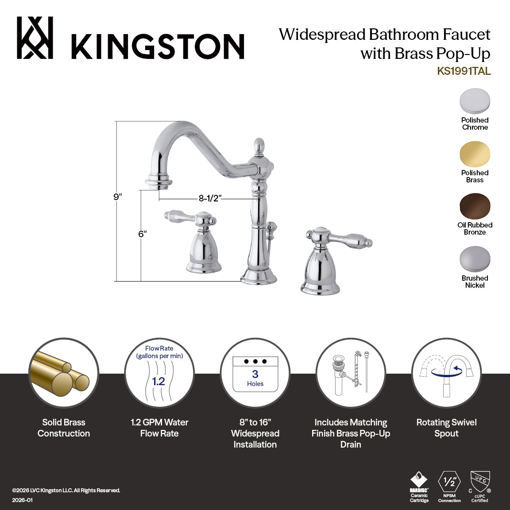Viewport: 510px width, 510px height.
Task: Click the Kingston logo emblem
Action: [x=35, y=38]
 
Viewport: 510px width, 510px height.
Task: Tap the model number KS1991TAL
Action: [x=464, y=71]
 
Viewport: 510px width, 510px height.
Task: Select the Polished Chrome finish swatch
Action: [x=475, y=101]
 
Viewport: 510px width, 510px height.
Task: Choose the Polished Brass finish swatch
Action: [x=475, y=154]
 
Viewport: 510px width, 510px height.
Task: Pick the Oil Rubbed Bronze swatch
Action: [x=475, y=206]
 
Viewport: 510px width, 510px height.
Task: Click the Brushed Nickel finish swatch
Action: [x=475, y=259]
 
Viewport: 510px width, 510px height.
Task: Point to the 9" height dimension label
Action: [x=117, y=197]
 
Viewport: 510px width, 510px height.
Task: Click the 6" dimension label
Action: [x=142, y=234]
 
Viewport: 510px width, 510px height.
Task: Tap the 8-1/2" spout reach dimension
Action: [x=209, y=198]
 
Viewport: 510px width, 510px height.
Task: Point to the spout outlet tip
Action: [x=158, y=182]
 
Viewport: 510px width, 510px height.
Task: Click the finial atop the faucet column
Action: [x=259, y=146]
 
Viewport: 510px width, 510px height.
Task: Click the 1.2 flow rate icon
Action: [x=159, y=374]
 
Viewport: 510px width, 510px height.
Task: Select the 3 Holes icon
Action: [x=255, y=374]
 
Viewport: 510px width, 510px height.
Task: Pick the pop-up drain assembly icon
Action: [x=351, y=374]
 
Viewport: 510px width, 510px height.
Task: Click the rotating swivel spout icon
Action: [x=446, y=374]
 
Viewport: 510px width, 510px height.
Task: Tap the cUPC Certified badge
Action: [x=480, y=487]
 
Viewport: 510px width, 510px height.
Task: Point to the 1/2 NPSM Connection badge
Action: [x=449, y=487]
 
